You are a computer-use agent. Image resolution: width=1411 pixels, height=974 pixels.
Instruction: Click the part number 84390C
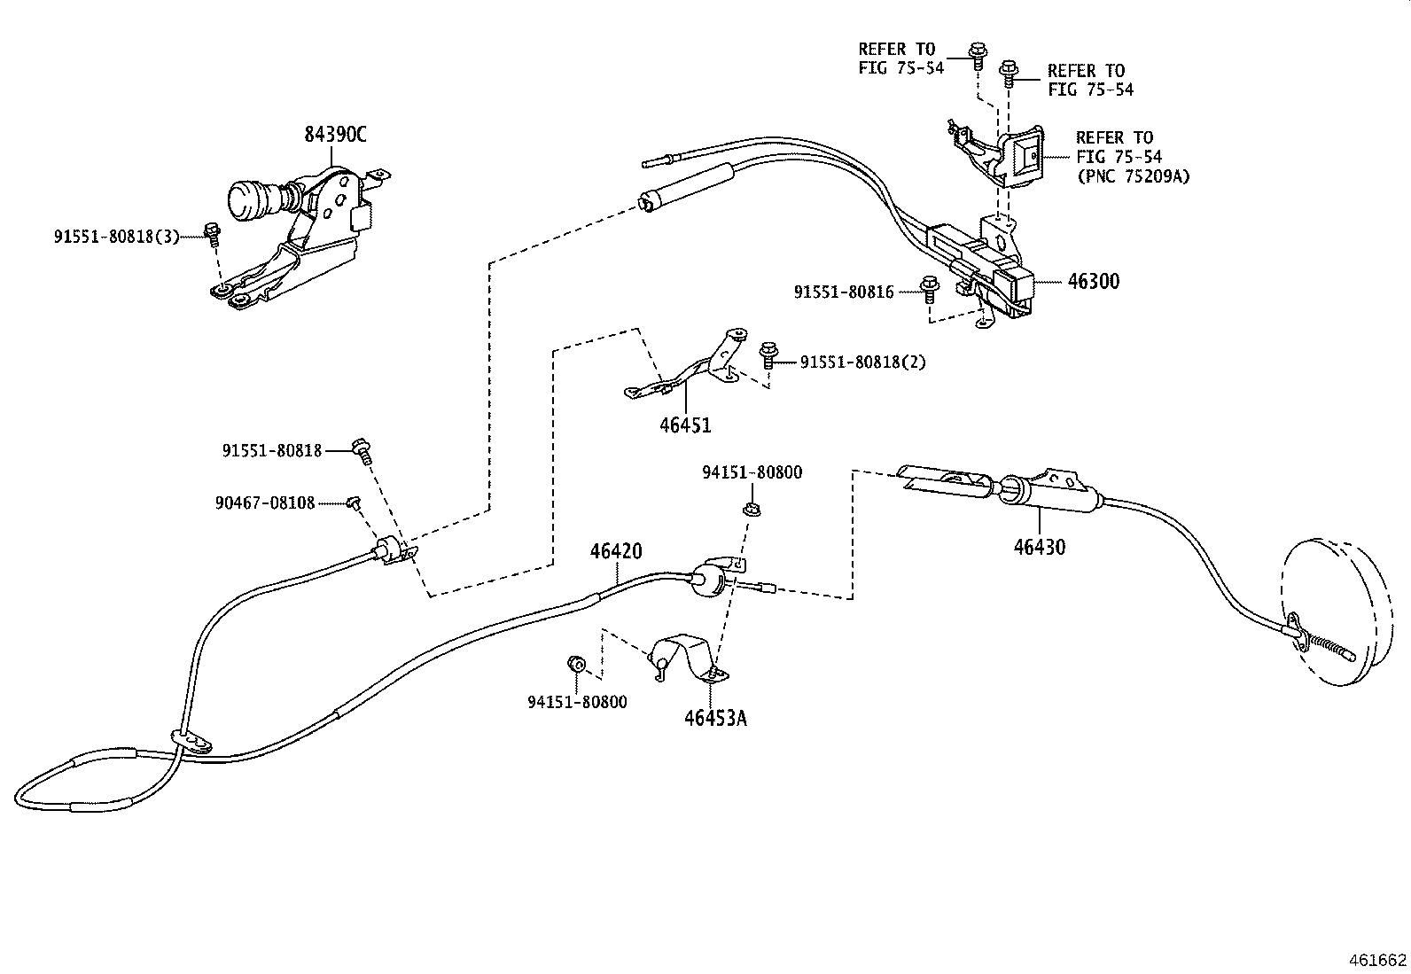(x=335, y=135)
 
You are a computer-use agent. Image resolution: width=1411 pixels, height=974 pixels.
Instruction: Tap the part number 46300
(x=1093, y=282)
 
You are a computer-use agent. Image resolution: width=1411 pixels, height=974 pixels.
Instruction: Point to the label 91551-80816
(x=843, y=291)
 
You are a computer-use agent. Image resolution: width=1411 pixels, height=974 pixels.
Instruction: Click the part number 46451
(x=685, y=425)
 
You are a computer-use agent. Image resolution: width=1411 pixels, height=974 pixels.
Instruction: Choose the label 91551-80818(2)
(x=862, y=362)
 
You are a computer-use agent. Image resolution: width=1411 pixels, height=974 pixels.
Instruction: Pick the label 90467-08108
(x=264, y=503)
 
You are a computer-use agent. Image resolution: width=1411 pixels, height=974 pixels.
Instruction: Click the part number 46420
(x=616, y=551)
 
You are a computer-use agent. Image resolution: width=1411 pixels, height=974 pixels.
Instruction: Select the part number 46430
(x=1040, y=547)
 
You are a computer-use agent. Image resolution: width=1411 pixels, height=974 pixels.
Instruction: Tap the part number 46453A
(x=715, y=718)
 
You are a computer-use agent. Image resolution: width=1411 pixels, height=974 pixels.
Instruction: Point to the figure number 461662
(x=1377, y=960)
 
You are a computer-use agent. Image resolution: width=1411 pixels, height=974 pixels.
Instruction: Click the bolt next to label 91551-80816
(x=929, y=286)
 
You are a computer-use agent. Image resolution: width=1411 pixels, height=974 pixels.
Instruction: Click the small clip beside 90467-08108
(x=353, y=503)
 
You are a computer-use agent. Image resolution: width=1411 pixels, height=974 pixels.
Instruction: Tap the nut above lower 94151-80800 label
(x=574, y=664)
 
